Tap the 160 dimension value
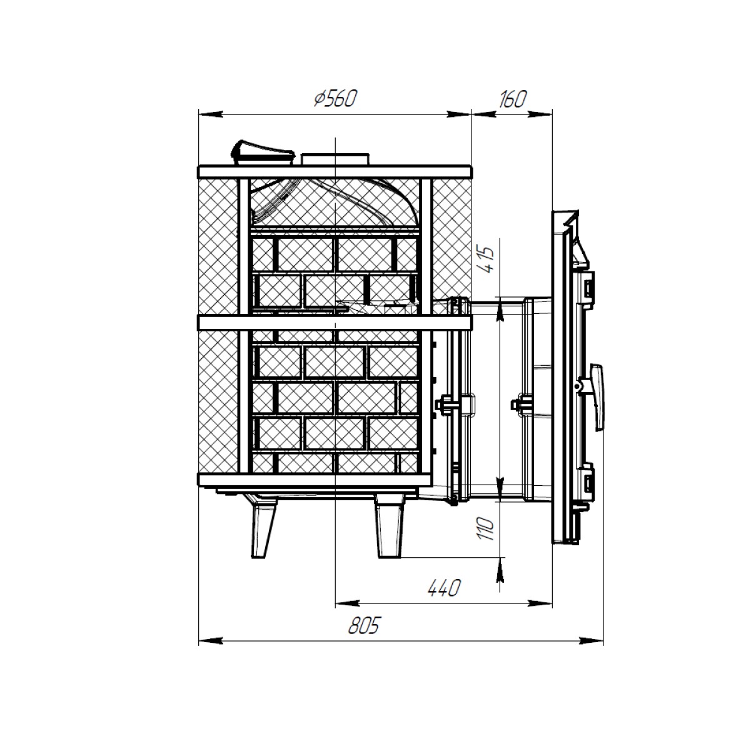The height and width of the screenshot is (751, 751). pos(513,100)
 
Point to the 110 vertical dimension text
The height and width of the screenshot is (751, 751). pos(487,528)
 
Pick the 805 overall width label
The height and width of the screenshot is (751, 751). pos(363,627)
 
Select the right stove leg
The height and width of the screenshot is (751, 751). pos(390,529)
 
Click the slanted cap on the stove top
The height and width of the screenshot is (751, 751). pos(261,153)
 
